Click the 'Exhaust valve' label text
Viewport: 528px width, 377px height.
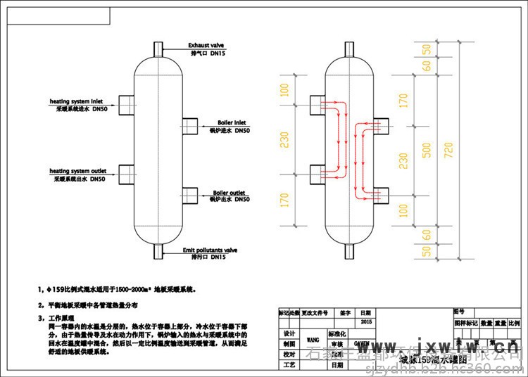[x=206, y=44]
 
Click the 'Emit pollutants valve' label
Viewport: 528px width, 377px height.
[x=211, y=250]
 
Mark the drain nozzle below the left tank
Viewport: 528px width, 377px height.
[x=159, y=251]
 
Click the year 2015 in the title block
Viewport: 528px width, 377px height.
[x=364, y=321]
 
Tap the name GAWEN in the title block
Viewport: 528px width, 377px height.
[x=360, y=345]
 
